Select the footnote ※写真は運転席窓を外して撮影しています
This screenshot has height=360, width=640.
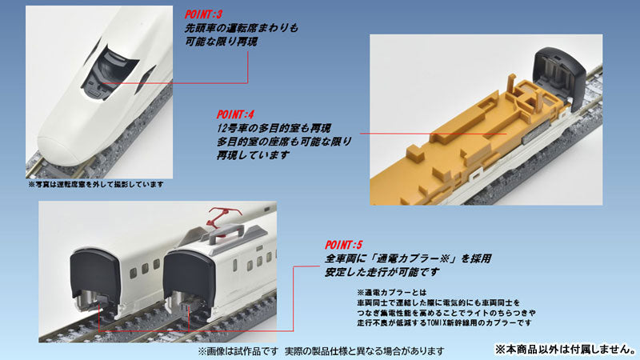click(95, 186)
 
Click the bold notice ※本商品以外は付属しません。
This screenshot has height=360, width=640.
click(564, 349)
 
